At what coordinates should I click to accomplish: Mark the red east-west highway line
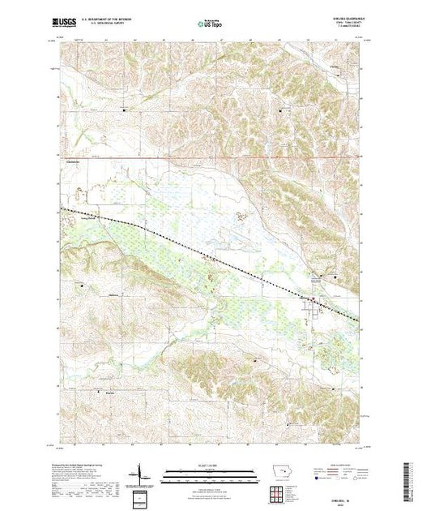pyautogui.click(x=202, y=158)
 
